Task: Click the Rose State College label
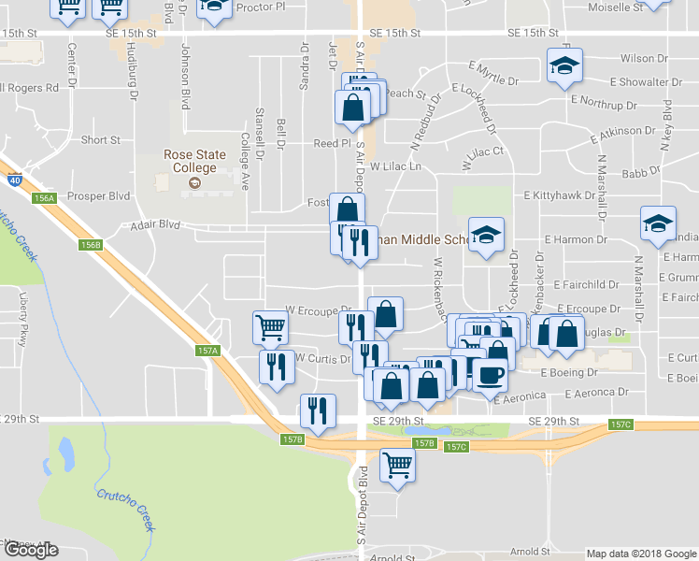190,161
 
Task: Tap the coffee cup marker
492,375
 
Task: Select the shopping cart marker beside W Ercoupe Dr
270,327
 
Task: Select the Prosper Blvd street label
105,196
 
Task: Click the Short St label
100,140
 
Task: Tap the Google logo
31,549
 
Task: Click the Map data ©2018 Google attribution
640,554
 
